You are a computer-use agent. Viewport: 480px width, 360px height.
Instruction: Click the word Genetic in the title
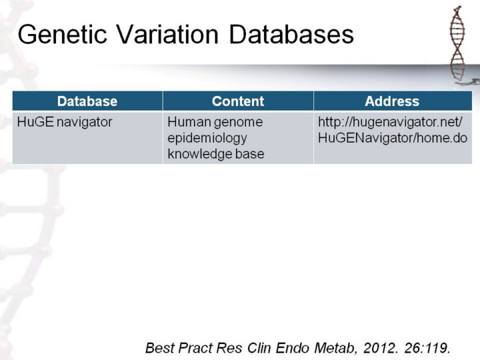pyautogui.click(x=63, y=34)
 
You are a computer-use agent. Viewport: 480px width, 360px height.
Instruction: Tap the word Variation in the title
pyautogui.click(x=167, y=34)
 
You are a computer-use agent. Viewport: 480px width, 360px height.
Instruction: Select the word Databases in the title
pyautogui.click(x=291, y=34)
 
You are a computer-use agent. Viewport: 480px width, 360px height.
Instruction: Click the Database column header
pyautogui.click(x=87, y=101)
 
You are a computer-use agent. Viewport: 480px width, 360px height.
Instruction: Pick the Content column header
pyautogui.click(x=238, y=101)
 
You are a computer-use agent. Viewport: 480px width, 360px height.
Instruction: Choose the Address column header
pyautogui.click(x=392, y=101)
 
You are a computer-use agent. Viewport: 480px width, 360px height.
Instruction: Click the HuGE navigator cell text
pyautogui.click(x=65, y=122)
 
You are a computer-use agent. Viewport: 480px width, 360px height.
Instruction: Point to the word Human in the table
pyautogui.click(x=189, y=122)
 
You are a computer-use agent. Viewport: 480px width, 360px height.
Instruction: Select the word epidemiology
pyautogui.click(x=207, y=139)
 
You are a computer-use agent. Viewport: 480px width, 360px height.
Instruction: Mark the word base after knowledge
pyautogui.click(x=250, y=154)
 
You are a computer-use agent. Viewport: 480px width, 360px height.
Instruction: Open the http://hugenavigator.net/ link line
pyautogui.click(x=390, y=122)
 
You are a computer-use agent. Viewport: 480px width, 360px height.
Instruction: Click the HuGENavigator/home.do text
pyautogui.click(x=393, y=138)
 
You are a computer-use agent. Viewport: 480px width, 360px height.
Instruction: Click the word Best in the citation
pyautogui.click(x=160, y=348)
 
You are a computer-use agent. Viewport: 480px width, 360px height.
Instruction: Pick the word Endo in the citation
pyautogui.click(x=293, y=348)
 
